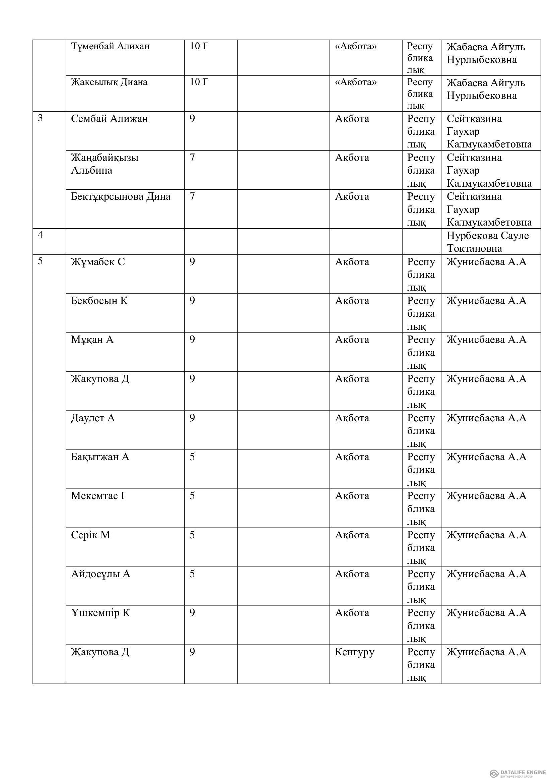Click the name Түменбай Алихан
point(110,46)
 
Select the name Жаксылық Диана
point(109,82)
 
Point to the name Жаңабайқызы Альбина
point(105,164)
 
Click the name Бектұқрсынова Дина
point(121,197)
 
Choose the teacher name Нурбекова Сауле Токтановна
point(487,242)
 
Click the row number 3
point(40,118)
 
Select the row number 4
point(40,235)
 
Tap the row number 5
point(40,261)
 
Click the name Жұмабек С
point(98,262)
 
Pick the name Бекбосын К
point(99,301)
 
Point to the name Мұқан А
point(92,340)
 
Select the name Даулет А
point(93,418)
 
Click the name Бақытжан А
point(100,457)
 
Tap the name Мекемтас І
point(98,496)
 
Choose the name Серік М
point(90,535)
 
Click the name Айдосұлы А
point(100,574)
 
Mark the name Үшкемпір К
point(100,613)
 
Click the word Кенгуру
point(354,652)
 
